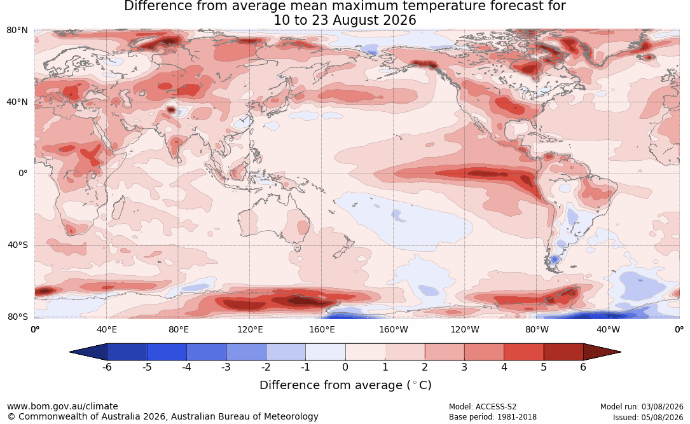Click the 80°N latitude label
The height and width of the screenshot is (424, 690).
(x=17, y=30)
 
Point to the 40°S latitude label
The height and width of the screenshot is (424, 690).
(x=17, y=245)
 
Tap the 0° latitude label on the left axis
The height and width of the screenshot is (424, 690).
(x=23, y=174)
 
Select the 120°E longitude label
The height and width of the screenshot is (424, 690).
(x=250, y=329)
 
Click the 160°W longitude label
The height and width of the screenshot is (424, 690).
(x=394, y=329)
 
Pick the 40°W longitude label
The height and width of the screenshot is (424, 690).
(x=608, y=329)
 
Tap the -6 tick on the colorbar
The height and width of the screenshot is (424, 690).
(x=107, y=367)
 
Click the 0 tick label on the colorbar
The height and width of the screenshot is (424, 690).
(x=345, y=367)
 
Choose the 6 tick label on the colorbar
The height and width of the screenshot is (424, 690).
(x=583, y=367)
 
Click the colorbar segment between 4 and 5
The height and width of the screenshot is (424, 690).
(x=523, y=352)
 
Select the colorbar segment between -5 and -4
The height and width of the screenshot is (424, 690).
(x=167, y=352)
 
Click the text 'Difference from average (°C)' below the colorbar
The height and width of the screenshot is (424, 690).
(x=345, y=385)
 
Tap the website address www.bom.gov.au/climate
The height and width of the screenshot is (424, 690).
(x=62, y=406)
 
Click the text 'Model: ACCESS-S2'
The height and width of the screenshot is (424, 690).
(x=482, y=407)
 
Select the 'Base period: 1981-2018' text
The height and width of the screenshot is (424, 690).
(x=492, y=417)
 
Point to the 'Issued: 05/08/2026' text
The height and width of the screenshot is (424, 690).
(x=648, y=417)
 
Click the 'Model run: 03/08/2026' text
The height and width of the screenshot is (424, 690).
(x=642, y=407)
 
